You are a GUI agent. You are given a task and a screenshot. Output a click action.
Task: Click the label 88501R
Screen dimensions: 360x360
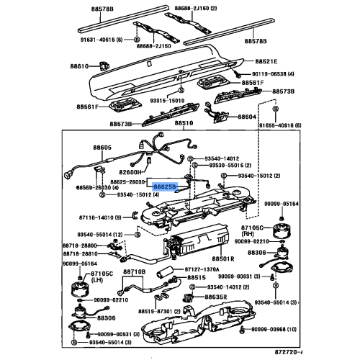[x=223, y=258]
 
